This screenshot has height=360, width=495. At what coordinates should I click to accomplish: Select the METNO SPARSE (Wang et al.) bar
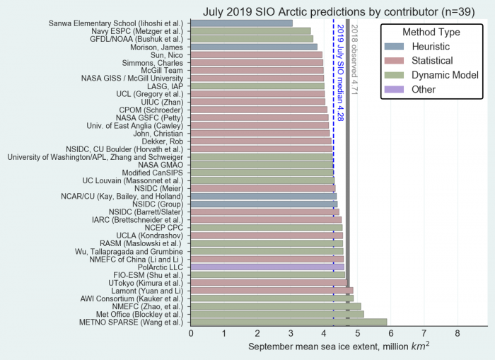pyautogui.click(x=289, y=322)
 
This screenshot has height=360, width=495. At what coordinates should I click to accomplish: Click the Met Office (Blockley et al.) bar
pyautogui.click(x=277, y=314)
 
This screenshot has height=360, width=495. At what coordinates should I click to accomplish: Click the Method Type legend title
pyautogui.click(x=431, y=32)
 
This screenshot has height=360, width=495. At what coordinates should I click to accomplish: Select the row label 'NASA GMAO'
pyautogui.click(x=160, y=164)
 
